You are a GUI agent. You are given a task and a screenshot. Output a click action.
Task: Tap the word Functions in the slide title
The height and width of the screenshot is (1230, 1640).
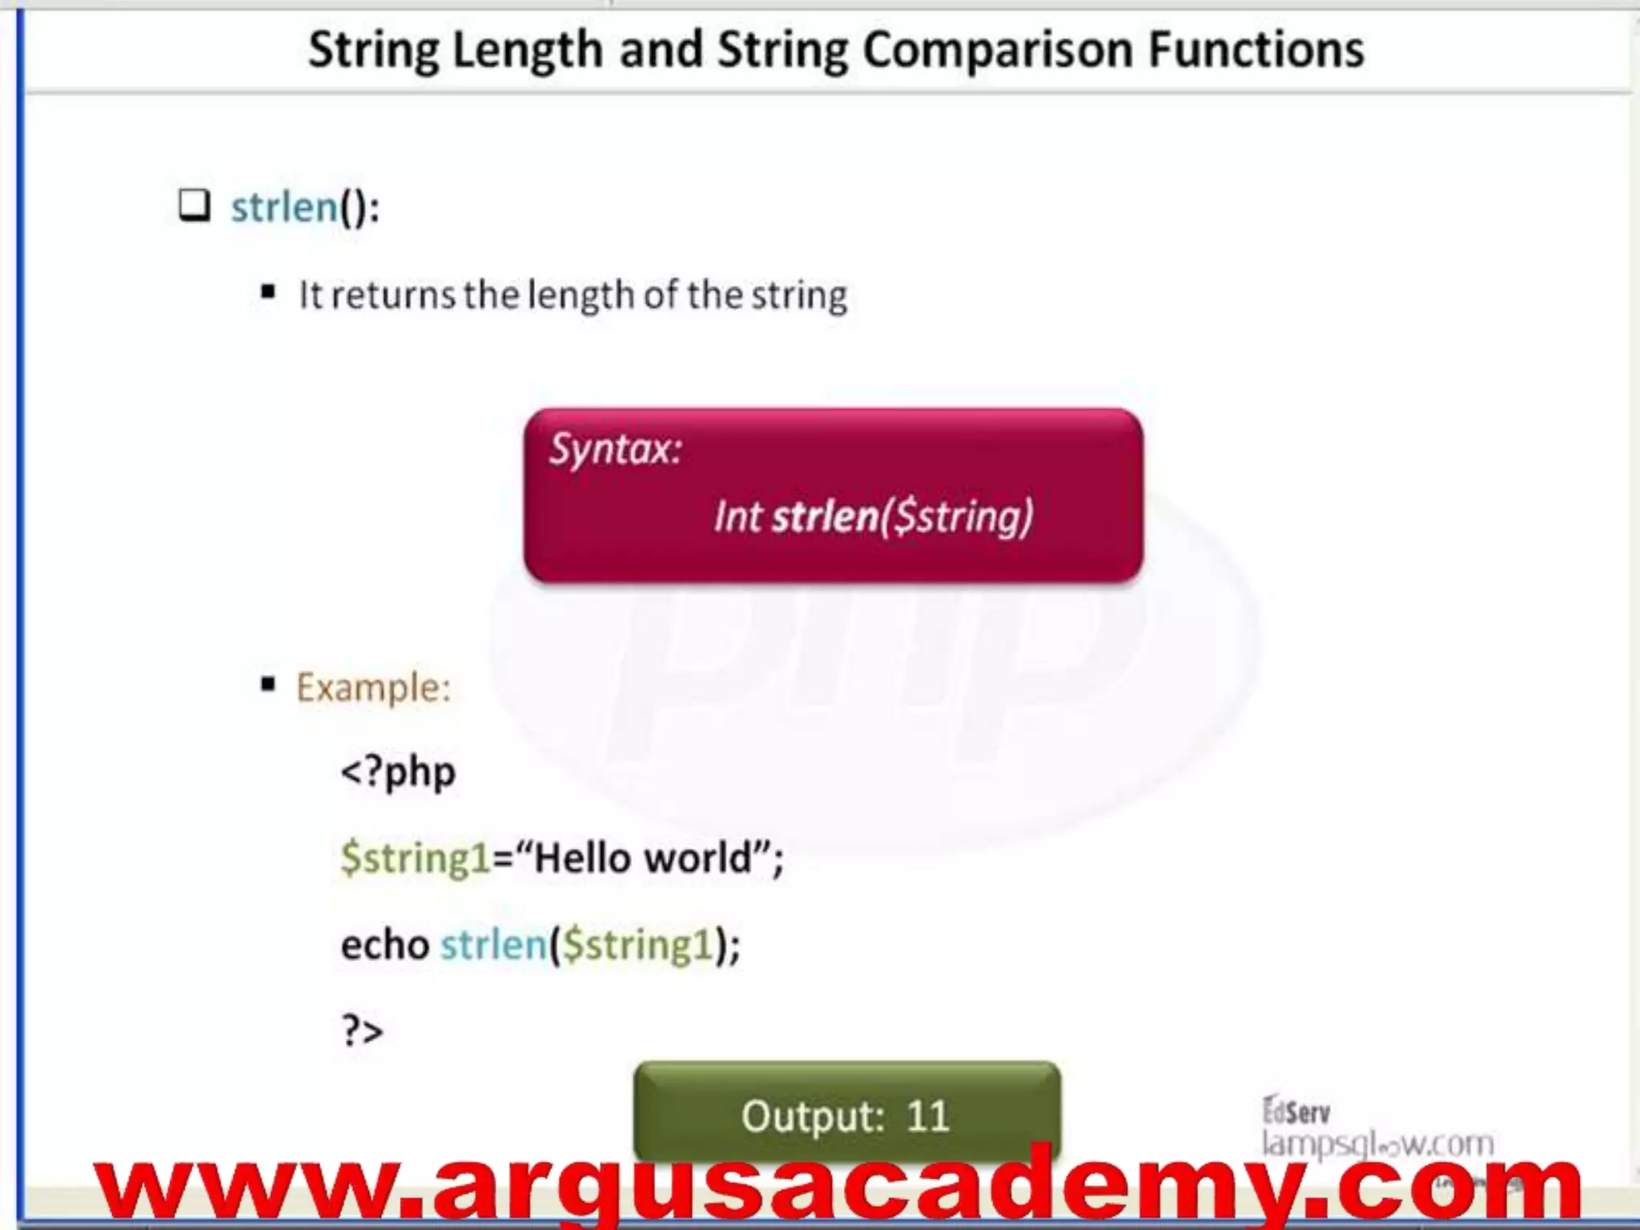coord(1256,50)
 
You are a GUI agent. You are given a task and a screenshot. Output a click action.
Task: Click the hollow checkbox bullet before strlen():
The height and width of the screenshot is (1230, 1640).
coord(194,206)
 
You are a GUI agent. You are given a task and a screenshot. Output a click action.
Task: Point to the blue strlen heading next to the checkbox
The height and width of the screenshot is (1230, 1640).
coord(284,207)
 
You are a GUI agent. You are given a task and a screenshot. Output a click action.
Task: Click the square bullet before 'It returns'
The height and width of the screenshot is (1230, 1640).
coord(268,292)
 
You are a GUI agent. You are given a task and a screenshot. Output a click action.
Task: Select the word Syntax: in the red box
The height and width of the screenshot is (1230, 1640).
coord(615,449)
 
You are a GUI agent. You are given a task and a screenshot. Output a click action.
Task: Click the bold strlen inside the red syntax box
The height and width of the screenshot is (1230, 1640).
coord(825,516)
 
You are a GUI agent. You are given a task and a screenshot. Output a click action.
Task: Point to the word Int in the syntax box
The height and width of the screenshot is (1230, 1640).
coord(738,516)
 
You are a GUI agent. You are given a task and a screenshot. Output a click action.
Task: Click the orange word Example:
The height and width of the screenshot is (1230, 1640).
coord(373,687)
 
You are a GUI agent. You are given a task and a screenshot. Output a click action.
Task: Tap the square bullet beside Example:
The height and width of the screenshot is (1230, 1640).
coord(268,684)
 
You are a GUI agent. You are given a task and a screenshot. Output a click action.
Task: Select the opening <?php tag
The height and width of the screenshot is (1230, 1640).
coord(398,773)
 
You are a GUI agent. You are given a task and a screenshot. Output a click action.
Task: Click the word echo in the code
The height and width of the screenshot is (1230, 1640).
coord(385,945)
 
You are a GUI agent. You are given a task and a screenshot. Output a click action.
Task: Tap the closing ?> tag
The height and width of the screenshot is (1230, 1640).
coord(363,1031)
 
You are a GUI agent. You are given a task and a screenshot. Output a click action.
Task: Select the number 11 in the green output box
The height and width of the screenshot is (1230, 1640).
coord(927,1115)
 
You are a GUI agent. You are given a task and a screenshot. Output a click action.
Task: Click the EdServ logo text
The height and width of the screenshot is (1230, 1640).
coord(1296,1111)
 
